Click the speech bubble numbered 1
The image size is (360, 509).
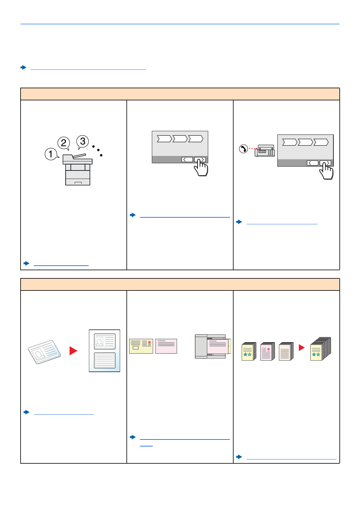point(51,154)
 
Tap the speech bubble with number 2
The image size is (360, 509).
point(64,143)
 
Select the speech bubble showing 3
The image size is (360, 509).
point(83,141)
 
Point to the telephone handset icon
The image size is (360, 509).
point(243,149)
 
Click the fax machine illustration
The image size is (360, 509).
point(265,151)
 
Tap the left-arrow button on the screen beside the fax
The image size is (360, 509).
point(313,163)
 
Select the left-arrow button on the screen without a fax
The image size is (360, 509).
point(187,159)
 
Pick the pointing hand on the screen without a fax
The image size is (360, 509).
point(201,167)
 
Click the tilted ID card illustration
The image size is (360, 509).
point(44,352)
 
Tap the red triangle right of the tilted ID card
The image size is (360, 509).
point(73,351)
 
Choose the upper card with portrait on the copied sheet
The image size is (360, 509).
point(105,341)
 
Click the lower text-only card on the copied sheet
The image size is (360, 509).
point(105,360)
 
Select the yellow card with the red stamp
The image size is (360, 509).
point(141,346)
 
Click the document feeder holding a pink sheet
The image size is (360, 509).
point(213,346)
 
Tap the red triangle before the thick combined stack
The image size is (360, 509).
point(301,348)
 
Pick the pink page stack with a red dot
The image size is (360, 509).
point(267,352)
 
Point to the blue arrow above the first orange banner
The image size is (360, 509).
point(24,67)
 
